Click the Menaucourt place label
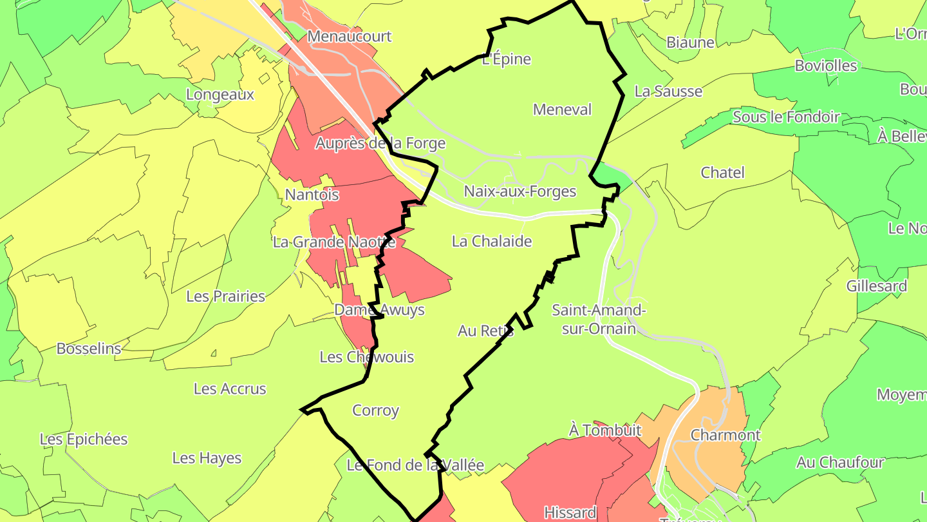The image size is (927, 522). pos(349,36)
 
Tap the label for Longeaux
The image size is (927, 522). pos(220,95)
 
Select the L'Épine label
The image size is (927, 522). pos(507,59)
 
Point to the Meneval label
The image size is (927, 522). pos(562,110)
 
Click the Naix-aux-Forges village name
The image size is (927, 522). pos(520,191)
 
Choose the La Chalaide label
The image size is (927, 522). pos(492,242)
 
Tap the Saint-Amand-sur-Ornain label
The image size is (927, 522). pos(599,320)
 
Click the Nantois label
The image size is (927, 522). pos(312,195)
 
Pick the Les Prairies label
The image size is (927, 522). pos(225,296)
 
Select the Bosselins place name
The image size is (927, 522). pos(89,349)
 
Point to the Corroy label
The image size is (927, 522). pos(376,411)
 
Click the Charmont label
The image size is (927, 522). pos(726,435)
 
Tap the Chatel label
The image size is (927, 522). pos(722,173)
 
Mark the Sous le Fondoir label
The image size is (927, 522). pos(786,117)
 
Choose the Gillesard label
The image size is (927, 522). pos(877,286)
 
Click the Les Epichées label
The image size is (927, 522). pos(84,440)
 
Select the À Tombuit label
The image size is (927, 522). pos(605,430)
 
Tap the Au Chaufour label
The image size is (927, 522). pos(840,462)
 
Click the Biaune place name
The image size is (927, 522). pos(690,43)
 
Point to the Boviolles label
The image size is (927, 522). pos(826,66)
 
